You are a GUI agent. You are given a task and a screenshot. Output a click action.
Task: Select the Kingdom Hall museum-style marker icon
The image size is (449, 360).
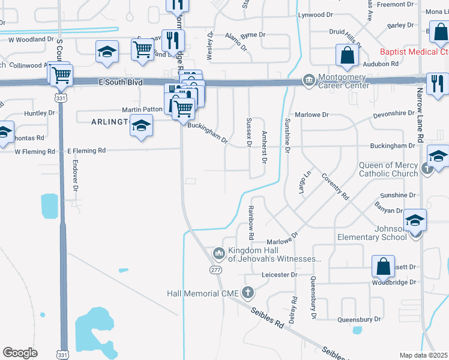point(218,251)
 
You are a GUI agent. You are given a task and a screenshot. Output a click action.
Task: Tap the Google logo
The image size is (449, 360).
point(20,352)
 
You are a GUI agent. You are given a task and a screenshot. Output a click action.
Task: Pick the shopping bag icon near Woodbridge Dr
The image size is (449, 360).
point(382,265)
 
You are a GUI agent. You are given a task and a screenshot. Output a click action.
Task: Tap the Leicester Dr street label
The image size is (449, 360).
point(280,275)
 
